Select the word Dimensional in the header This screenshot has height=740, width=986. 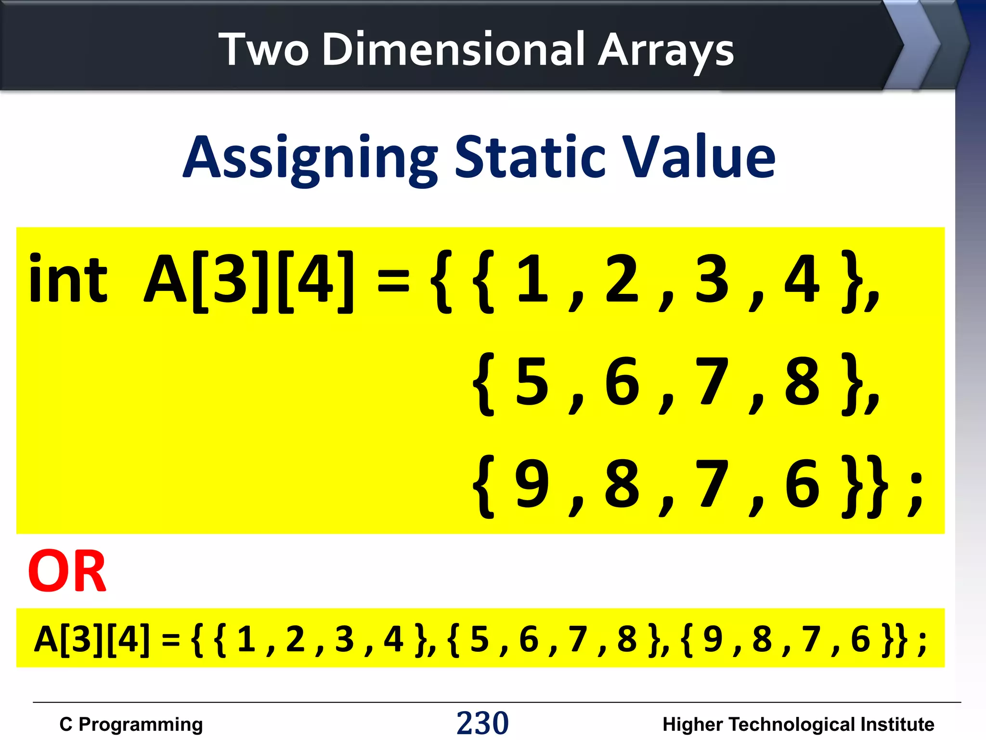click(453, 49)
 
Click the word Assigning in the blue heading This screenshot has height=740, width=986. click(310, 158)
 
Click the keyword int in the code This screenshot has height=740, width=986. click(68, 279)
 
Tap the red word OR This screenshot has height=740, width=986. click(67, 571)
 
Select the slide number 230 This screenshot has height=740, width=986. click(482, 723)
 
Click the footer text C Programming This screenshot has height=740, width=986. click(131, 724)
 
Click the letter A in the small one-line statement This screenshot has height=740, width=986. click(46, 639)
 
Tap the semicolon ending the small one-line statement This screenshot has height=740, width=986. click(922, 642)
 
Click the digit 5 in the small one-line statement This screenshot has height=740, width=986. click(480, 639)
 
